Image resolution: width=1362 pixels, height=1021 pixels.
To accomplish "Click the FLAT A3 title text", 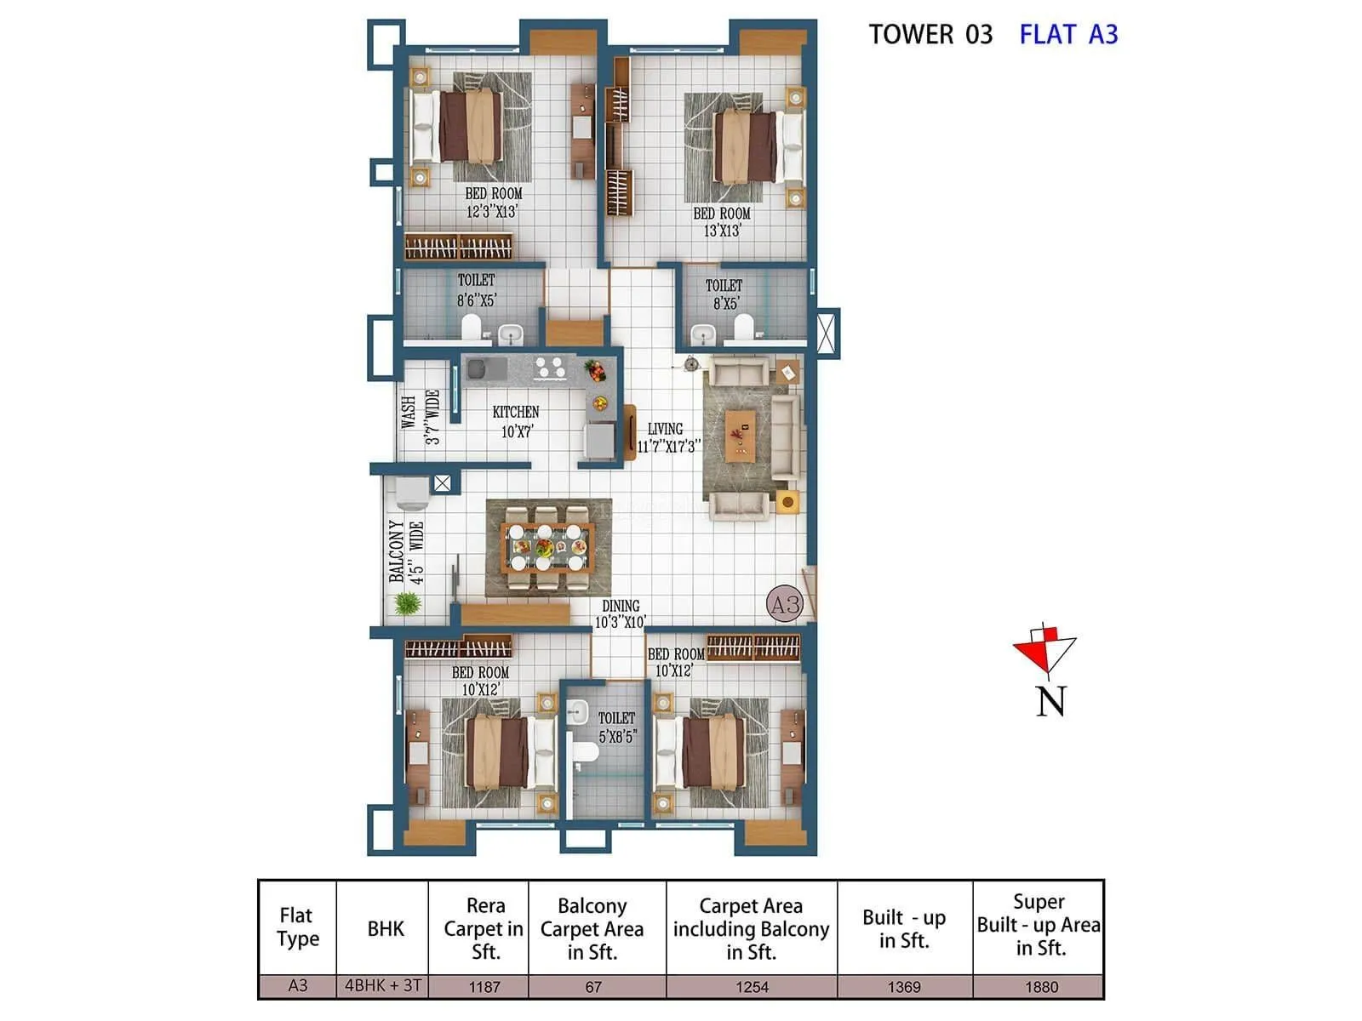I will (x=1067, y=35).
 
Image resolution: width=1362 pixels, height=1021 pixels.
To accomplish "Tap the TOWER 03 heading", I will (x=930, y=35).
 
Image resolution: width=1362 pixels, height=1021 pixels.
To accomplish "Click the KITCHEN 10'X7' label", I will (x=516, y=422).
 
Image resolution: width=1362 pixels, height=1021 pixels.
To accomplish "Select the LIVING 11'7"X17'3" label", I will (x=668, y=437).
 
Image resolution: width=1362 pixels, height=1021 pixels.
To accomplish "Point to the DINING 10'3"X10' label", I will (x=621, y=613).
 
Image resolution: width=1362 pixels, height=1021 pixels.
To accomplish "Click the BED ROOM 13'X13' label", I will (x=722, y=222).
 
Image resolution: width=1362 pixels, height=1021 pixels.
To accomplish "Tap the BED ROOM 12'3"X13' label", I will (x=493, y=202).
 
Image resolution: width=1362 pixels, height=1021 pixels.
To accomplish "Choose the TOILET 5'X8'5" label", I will (x=617, y=727).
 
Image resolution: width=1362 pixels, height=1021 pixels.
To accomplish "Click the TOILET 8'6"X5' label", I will (x=476, y=290).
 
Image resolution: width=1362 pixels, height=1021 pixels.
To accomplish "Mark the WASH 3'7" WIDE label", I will (x=421, y=417).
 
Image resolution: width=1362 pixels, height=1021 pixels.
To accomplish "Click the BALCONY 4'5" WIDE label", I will (x=406, y=551).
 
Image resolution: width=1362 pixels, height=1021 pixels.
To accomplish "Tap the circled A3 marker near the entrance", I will (x=785, y=604).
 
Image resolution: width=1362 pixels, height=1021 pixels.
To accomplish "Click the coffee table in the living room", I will (x=740, y=436).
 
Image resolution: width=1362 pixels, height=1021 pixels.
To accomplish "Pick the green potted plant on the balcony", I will (x=408, y=603).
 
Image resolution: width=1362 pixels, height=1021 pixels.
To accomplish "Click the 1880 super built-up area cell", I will (x=1040, y=987).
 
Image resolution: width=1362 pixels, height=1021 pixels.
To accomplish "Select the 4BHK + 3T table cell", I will (x=382, y=986).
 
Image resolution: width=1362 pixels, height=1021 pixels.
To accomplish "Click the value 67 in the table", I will (x=593, y=987).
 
